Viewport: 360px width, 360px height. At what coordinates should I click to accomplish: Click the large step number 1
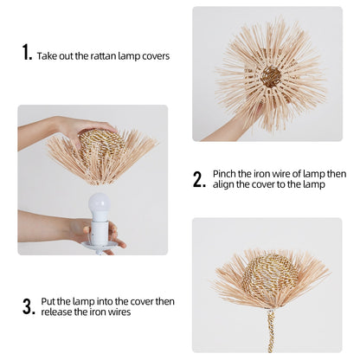[26, 53]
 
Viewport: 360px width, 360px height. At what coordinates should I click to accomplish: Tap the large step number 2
[199, 179]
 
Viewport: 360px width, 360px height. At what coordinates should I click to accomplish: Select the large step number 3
[27, 306]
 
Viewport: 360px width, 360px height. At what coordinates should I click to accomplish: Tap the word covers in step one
[155, 56]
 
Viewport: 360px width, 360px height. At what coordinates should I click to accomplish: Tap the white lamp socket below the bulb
[100, 231]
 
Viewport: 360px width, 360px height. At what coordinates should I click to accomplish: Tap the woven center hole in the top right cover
[271, 76]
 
